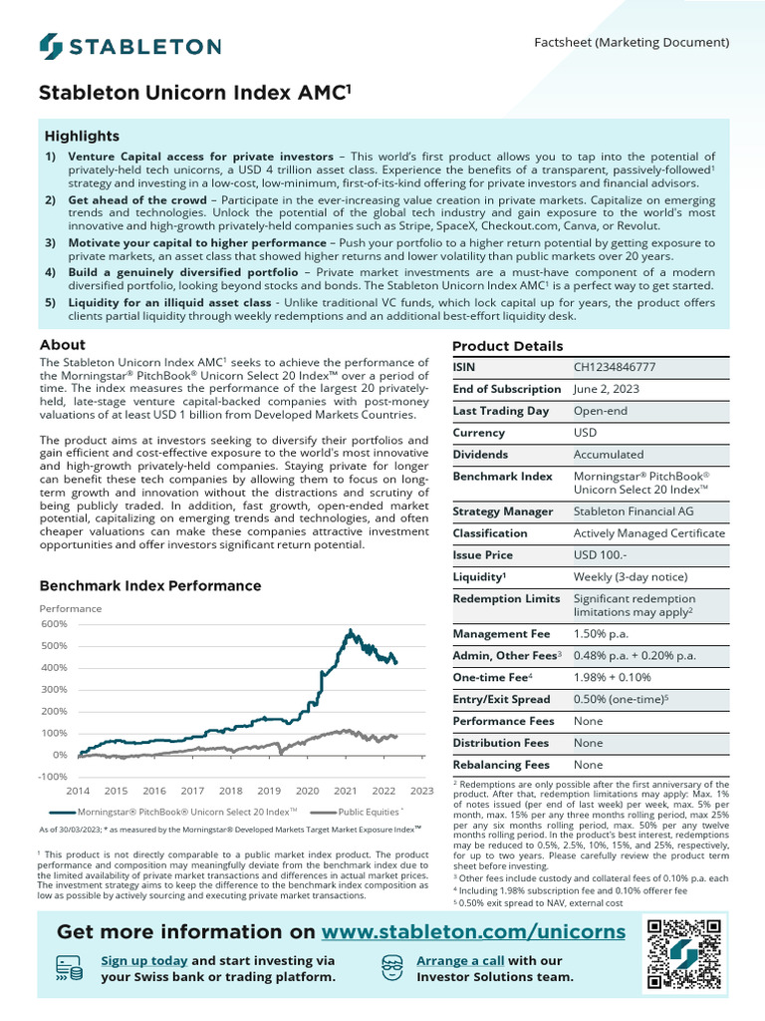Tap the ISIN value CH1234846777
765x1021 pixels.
click(x=615, y=367)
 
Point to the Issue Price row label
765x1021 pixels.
click(x=483, y=554)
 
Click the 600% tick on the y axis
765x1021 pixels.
click(x=54, y=624)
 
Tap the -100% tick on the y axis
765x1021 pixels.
click(x=54, y=777)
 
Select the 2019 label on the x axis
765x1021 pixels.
click(x=269, y=791)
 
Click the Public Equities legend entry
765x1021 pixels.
click(x=362, y=813)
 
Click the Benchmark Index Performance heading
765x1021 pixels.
click(x=149, y=586)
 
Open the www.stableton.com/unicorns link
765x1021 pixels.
click(x=474, y=931)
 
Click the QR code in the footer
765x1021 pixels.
click(x=685, y=954)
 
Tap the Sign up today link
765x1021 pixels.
click(x=144, y=960)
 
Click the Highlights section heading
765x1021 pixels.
click(x=82, y=136)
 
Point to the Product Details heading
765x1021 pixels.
click(x=507, y=346)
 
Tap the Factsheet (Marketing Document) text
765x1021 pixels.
click(x=633, y=43)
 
